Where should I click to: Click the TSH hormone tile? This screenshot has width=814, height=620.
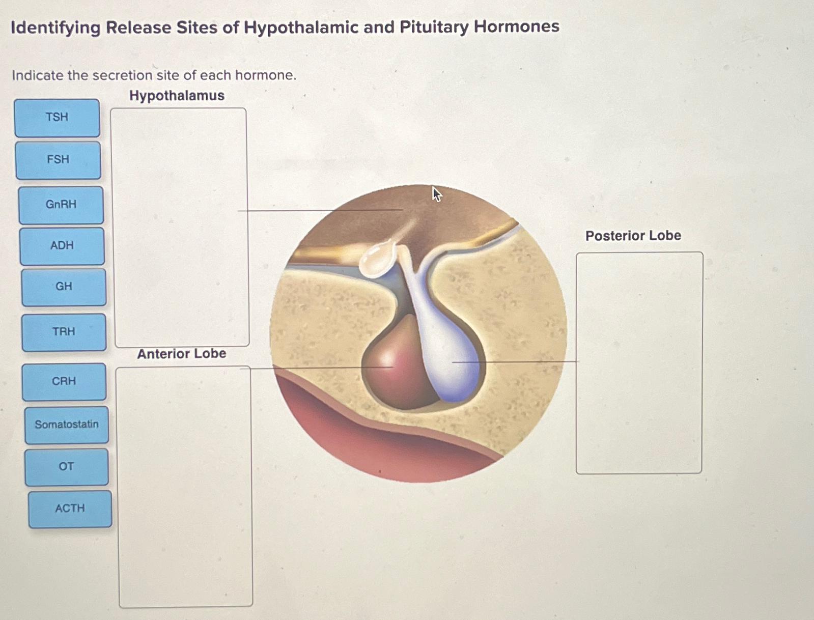point(57,118)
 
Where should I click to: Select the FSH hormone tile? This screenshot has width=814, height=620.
point(58,160)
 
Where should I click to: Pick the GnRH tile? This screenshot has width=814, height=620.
point(61,205)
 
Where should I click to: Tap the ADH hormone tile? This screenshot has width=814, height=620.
point(62,246)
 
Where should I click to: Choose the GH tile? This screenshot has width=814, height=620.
point(64,287)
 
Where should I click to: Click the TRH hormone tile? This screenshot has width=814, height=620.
point(64,332)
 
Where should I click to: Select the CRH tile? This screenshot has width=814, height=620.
point(64,381)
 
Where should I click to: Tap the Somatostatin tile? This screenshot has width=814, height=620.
point(67,425)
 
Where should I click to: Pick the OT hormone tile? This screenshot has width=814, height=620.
point(67,467)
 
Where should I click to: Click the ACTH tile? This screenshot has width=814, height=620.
point(70,509)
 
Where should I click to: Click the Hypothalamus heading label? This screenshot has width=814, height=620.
point(177,96)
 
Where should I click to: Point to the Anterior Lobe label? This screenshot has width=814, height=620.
point(181,354)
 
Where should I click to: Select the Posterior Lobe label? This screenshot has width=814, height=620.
point(633,236)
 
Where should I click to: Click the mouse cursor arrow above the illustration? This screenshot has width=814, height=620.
point(436,193)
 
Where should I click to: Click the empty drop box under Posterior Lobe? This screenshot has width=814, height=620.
point(639,362)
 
